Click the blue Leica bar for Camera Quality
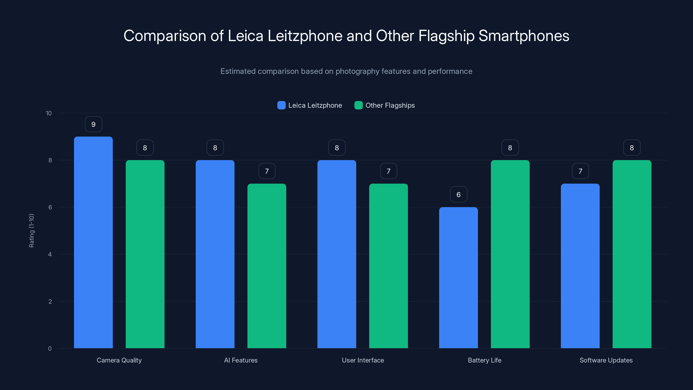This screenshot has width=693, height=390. click(x=93, y=242)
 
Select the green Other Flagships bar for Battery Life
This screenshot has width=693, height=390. click(x=510, y=254)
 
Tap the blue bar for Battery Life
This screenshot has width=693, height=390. click(x=458, y=278)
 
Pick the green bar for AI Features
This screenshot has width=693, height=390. click(x=267, y=266)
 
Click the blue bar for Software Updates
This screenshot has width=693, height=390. click(x=580, y=266)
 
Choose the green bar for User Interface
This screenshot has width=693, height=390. click(x=389, y=266)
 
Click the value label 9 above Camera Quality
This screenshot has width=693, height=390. click(x=93, y=124)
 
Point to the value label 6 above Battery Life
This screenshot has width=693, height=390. click(x=458, y=194)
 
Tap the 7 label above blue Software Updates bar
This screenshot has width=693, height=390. click(x=580, y=171)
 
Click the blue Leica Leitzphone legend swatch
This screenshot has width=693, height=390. click(x=281, y=105)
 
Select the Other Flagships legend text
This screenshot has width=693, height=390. click(x=390, y=105)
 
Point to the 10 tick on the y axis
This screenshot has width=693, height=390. click(x=49, y=113)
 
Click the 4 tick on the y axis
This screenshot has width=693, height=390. click(x=50, y=254)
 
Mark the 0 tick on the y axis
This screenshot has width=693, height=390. click(x=50, y=349)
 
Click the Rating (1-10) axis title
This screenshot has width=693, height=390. click(x=31, y=230)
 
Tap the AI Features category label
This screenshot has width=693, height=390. click(x=241, y=360)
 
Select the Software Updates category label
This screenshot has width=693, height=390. click(x=606, y=360)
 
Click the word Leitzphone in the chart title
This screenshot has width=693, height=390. click(x=305, y=36)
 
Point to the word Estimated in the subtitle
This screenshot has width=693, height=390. click(x=238, y=71)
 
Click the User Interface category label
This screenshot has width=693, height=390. click(x=363, y=360)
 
